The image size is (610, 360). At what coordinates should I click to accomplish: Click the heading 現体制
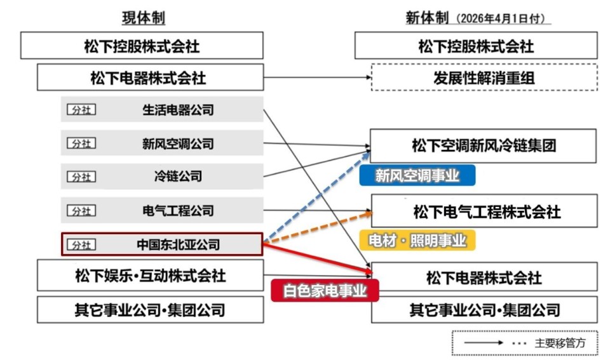143,18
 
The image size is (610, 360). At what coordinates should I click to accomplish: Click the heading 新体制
428,18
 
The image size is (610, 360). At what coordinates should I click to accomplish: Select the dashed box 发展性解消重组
484,77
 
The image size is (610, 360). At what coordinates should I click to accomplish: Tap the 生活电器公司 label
177,110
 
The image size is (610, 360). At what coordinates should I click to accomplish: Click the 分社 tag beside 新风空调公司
81,143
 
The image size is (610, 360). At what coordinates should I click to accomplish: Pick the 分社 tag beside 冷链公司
81,177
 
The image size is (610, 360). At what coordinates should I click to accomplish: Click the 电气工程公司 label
177,211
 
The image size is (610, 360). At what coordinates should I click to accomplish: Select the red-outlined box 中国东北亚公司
161,244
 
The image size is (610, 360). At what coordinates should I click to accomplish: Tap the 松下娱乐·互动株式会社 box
150,276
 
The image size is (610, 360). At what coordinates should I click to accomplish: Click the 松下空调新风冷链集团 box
483,146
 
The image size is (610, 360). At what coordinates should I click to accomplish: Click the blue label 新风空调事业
417,176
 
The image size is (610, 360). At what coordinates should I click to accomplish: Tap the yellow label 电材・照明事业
417,241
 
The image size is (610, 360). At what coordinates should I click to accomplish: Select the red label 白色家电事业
325,291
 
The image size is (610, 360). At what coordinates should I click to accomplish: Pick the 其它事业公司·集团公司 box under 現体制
150,310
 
